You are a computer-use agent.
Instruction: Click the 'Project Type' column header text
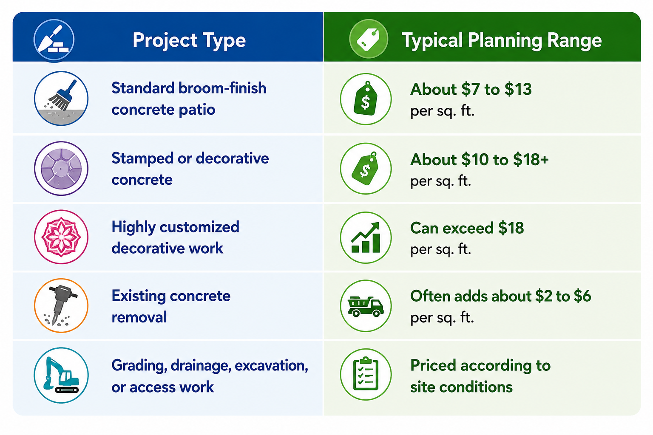coord(189,40)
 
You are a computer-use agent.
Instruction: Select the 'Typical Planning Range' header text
coord(502,40)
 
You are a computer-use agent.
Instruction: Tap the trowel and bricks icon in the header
coord(54,40)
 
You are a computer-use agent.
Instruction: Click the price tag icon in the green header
coord(369,39)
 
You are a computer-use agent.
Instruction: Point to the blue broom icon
coord(61,99)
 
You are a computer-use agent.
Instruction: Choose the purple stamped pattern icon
coord(61,168)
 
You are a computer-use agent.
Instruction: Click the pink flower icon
coord(61,237)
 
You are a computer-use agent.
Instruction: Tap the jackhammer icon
coord(61,305)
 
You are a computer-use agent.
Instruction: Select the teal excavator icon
coord(61,375)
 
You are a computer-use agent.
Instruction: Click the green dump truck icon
coord(366,306)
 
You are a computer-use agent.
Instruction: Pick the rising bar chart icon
coord(366,237)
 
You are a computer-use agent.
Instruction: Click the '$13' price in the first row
coord(518,89)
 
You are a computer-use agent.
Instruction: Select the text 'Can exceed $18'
coord(467,228)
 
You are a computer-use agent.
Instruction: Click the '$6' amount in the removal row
coord(582,296)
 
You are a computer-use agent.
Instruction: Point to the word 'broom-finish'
coord(222,88)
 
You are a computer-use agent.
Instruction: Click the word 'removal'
coord(139,317)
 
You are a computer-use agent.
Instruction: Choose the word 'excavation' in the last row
coord(271,366)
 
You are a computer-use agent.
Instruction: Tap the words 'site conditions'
coord(461,387)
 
